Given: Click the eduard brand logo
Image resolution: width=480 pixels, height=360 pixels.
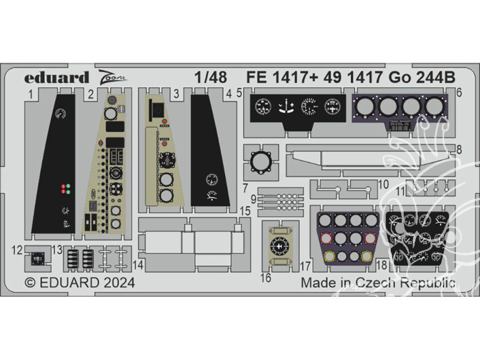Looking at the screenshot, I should (57, 77).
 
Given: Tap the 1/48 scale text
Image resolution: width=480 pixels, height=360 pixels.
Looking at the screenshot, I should (210, 78).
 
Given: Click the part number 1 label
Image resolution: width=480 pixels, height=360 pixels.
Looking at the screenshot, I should (30, 94).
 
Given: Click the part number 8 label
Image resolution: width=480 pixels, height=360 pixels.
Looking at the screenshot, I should (460, 149).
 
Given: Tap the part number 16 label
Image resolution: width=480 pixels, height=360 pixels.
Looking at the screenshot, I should (266, 278).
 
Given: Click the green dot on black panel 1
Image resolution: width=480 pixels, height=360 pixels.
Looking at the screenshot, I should (68, 192).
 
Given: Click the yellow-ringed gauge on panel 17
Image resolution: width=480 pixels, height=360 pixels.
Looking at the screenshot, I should (329, 256).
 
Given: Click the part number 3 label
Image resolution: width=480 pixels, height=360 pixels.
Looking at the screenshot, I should (177, 94).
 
